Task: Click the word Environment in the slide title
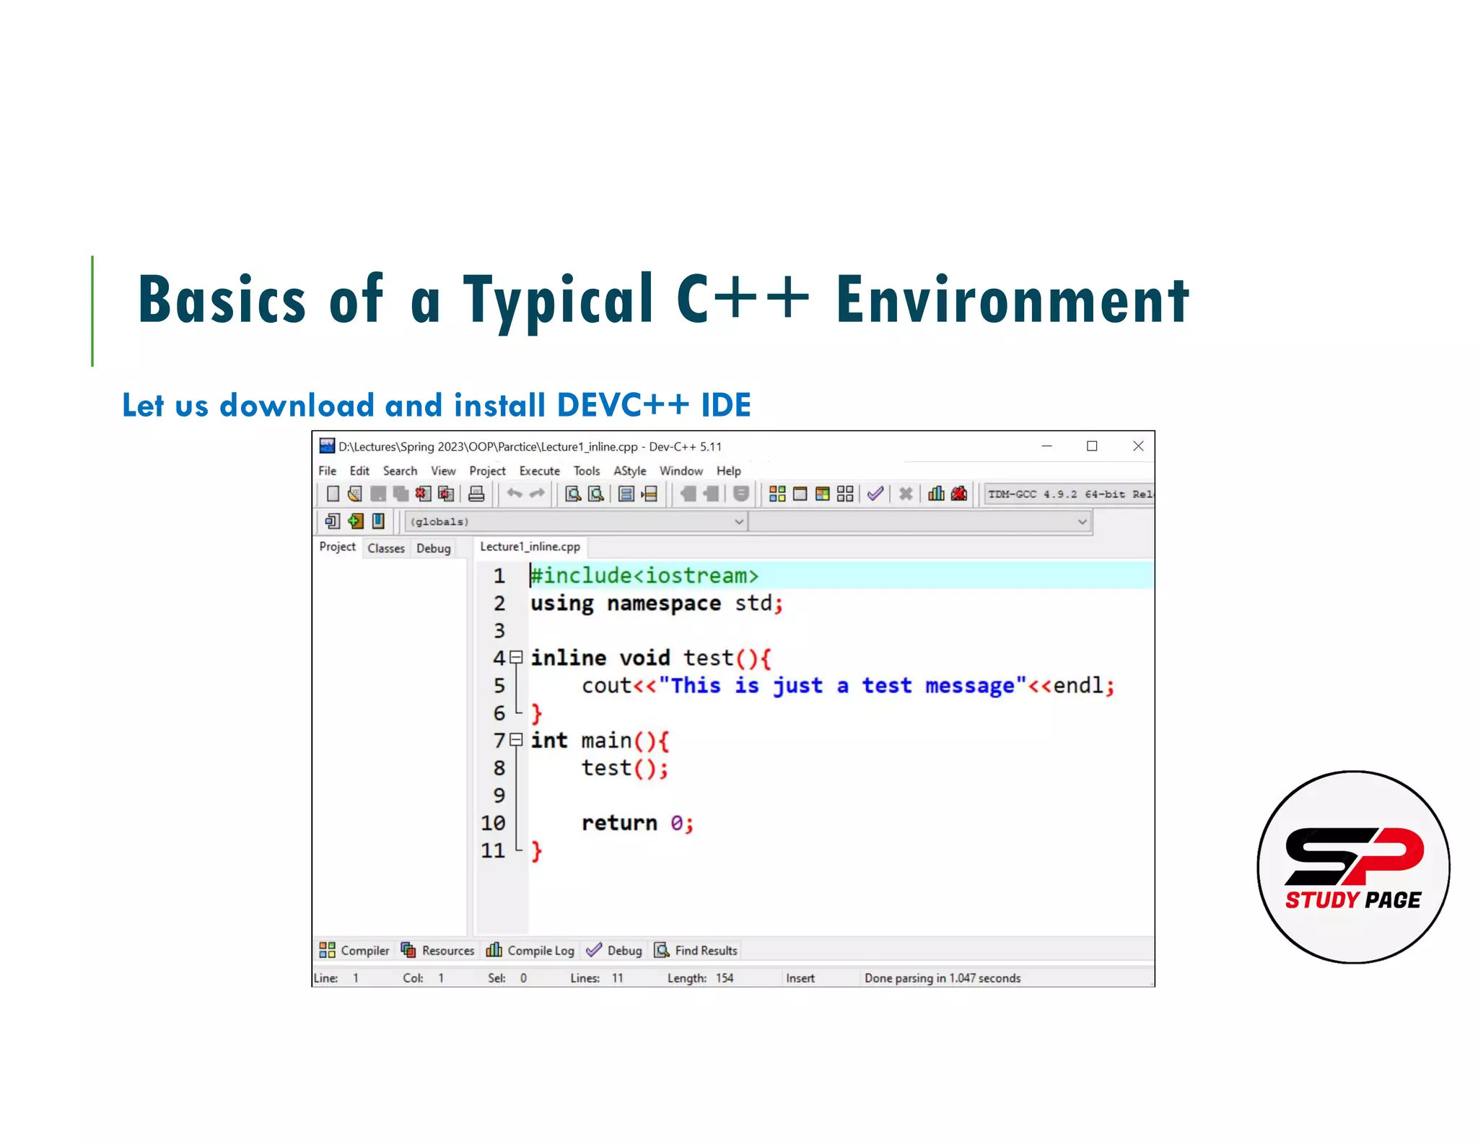(x=1012, y=300)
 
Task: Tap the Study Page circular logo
(x=1353, y=866)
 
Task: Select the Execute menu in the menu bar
(x=539, y=471)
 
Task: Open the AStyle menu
(x=629, y=471)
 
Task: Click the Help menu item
(x=728, y=471)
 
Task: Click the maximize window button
(x=1092, y=446)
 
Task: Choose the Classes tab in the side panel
(x=386, y=548)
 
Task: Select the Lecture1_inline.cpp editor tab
(x=530, y=546)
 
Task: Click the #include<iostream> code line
(x=644, y=575)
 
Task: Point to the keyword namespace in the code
(x=663, y=603)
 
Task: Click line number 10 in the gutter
(x=493, y=823)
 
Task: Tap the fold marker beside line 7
(x=516, y=740)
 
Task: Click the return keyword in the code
(x=619, y=823)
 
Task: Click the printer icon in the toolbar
(x=476, y=494)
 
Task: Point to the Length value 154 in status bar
(x=725, y=978)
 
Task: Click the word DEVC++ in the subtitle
(x=624, y=405)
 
